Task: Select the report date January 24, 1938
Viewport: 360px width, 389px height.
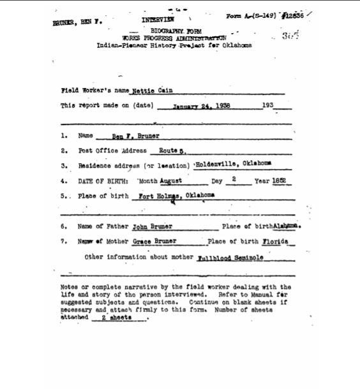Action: [x=201, y=106]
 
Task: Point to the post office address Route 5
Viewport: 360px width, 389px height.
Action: [x=172, y=151]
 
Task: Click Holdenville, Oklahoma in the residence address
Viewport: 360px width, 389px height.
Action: [x=232, y=166]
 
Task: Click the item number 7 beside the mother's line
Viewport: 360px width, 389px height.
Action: [x=64, y=242]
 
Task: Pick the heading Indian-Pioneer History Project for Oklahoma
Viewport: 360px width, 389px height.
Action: [x=174, y=46]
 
